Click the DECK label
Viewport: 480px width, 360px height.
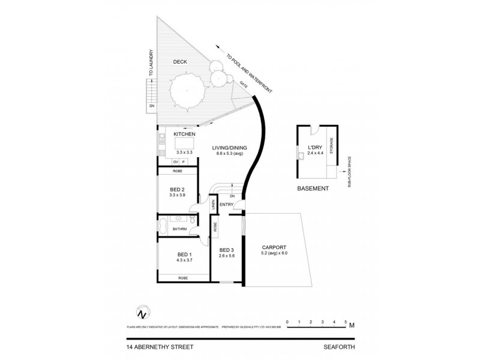pyautogui.click(x=181, y=61)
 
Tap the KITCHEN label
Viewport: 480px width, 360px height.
pyautogui.click(x=184, y=134)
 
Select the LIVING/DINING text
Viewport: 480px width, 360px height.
pyautogui.click(x=228, y=148)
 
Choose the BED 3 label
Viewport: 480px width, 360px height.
pyautogui.click(x=226, y=250)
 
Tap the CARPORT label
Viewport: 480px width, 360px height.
pyautogui.click(x=273, y=247)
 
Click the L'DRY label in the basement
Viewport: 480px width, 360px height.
pyautogui.click(x=315, y=147)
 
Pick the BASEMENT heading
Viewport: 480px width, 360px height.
pyautogui.click(x=313, y=188)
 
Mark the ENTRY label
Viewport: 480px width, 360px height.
pyautogui.click(x=227, y=205)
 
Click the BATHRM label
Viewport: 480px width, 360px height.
pyautogui.click(x=180, y=229)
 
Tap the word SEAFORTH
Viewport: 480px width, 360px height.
pyautogui.click(x=337, y=346)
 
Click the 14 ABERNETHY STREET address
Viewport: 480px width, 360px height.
pyautogui.click(x=160, y=346)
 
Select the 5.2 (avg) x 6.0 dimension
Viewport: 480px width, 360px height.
pyautogui.click(x=273, y=254)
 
